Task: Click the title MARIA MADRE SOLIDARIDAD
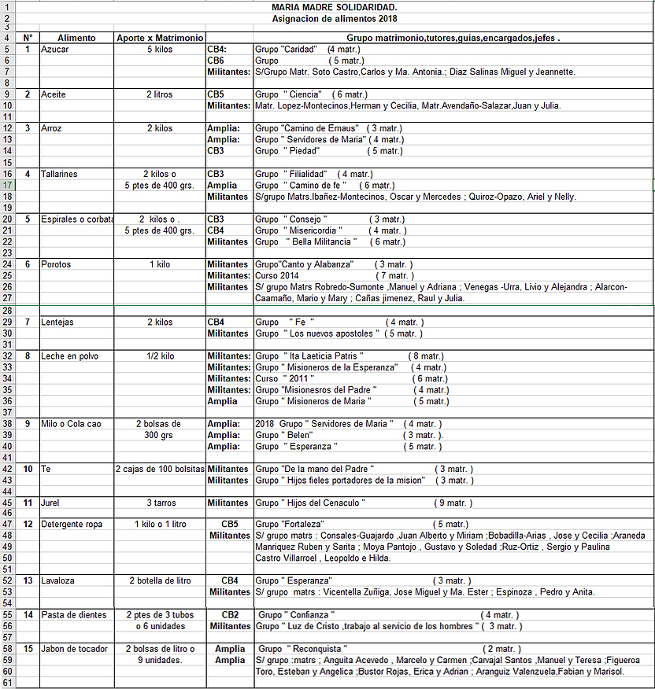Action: [334, 6]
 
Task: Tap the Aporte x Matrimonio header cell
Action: [160, 37]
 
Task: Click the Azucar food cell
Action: [55, 49]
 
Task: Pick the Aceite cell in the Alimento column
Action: [54, 94]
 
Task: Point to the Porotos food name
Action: [56, 264]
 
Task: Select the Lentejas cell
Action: [57, 322]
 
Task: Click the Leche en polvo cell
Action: [70, 356]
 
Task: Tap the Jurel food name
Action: [51, 503]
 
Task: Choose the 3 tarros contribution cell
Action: [160, 503]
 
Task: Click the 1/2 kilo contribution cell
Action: [160, 356]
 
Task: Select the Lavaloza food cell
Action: [58, 580]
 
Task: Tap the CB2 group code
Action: [230, 615]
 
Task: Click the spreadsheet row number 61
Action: [7, 683]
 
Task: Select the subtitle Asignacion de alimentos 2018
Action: [334, 18]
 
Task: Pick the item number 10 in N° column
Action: [28, 469]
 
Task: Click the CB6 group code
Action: [216, 60]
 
